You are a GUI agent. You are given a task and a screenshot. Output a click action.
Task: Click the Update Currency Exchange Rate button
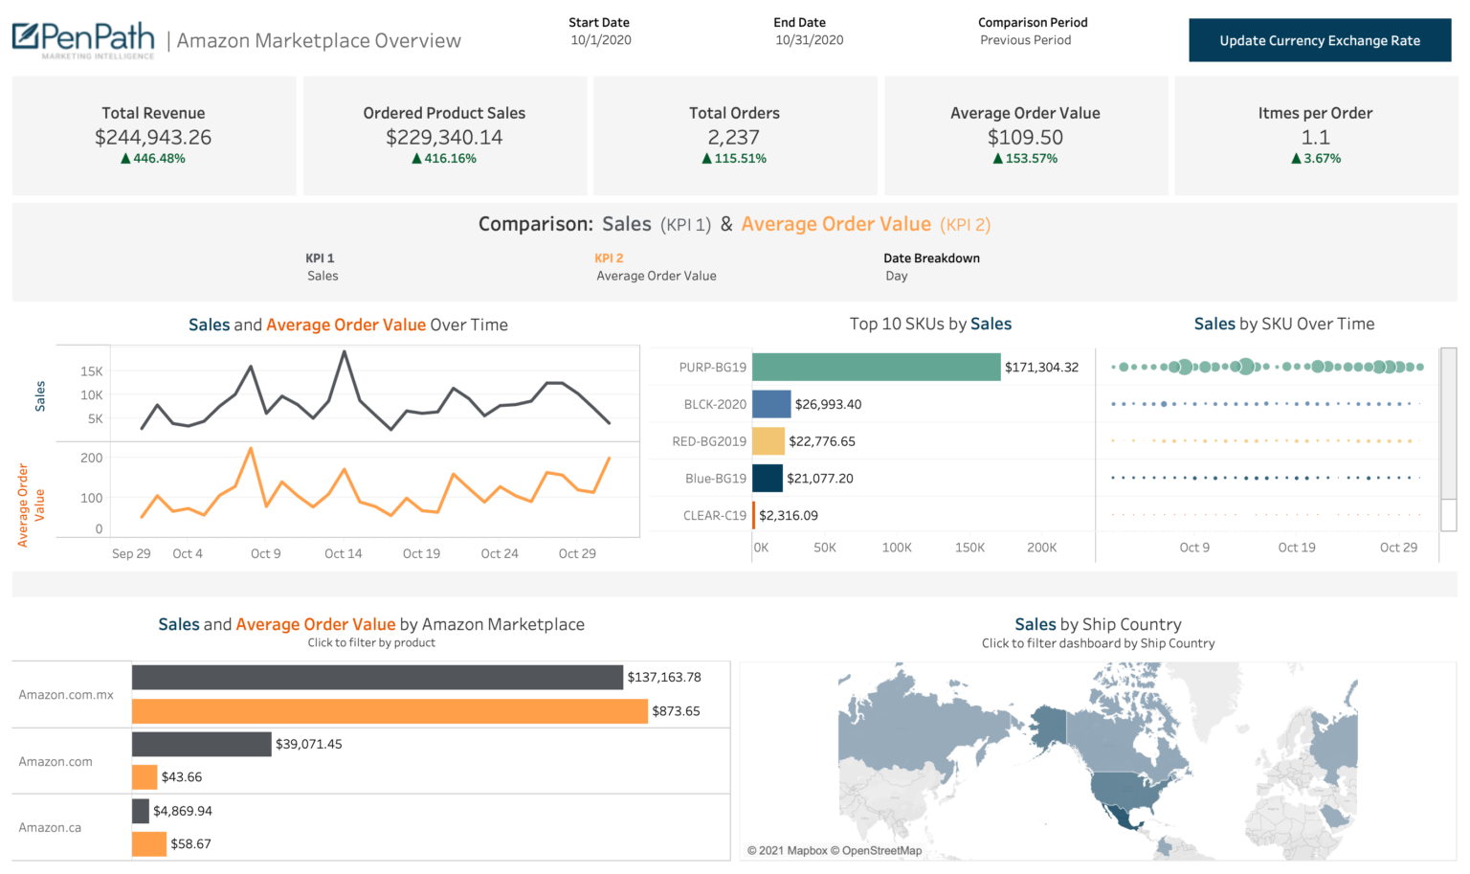click(1319, 40)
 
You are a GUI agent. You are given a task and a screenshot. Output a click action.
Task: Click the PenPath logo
click(83, 39)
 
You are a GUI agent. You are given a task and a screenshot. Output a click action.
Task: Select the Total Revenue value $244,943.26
click(153, 138)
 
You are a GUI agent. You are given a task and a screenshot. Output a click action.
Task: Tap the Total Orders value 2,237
click(733, 138)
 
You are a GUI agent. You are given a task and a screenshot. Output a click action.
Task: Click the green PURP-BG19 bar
click(876, 367)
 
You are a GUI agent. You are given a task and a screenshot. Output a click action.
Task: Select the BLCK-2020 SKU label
click(714, 404)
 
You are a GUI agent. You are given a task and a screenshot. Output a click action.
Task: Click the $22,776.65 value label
click(821, 441)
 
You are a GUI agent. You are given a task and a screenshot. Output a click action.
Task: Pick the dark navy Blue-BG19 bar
click(767, 478)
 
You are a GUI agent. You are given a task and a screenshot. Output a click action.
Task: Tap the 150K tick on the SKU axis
click(969, 548)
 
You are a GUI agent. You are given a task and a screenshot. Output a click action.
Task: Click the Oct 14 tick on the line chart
click(343, 553)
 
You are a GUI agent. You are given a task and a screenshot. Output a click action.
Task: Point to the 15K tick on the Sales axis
click(92, 371)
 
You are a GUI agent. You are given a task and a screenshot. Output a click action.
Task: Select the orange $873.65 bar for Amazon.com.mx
click(390, 711)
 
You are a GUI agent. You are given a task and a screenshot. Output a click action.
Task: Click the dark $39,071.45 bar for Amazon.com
click(202, 744)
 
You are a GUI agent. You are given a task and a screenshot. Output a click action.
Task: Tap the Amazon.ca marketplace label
click(50, 827)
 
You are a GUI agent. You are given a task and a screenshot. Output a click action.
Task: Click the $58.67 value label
click(190, 843)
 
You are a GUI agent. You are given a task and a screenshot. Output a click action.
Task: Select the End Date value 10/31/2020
click(809, 40)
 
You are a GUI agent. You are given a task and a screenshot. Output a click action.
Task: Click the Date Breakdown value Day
click(896, 276)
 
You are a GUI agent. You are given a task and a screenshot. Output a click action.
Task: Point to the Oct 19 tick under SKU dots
click(1296, 548)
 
